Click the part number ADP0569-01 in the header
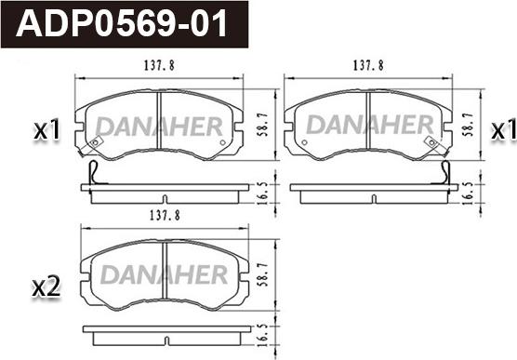coord(121,23)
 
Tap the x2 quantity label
coord(46,287)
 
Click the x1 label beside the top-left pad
coord(46,129)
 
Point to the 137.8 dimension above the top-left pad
coord(159,65)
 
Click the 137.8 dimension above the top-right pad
coord(368,65)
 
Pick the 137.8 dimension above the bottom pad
coord(165,216)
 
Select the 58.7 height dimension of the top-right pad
coord(469,125)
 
